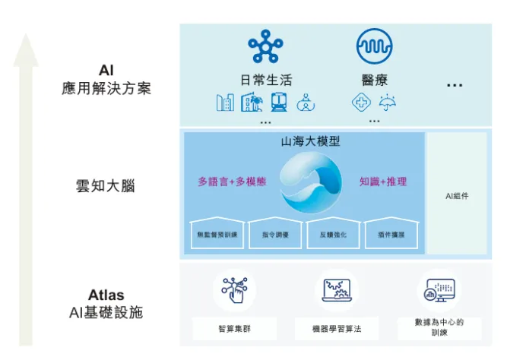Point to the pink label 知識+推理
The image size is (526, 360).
[383, 182]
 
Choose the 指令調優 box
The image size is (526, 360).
[274, 234]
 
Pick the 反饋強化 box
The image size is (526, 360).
[333, 234]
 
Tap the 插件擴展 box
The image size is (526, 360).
[391, 234]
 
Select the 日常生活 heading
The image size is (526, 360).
[265, 80]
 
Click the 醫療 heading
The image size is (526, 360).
[374, 80]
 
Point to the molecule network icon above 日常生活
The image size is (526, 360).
[265, 46]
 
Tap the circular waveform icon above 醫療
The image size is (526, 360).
[374, 46]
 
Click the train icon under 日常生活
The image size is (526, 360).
[278, 103]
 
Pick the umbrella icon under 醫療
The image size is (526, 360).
[388, 103]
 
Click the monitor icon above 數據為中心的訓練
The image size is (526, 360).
[439, 289]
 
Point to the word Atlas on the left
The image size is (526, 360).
[106, 295]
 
